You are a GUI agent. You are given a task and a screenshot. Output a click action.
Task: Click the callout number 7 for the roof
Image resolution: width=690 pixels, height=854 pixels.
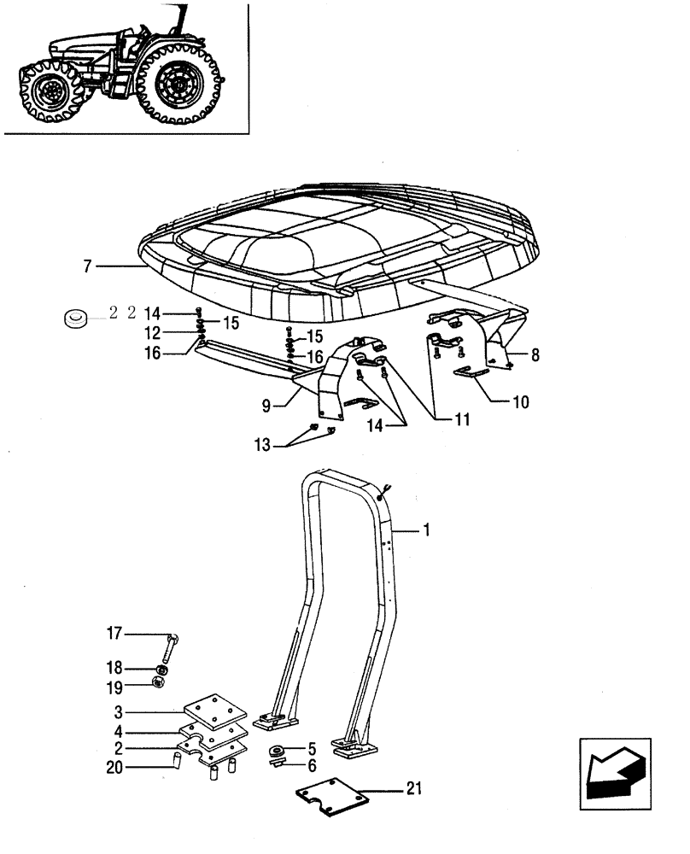(87, 267)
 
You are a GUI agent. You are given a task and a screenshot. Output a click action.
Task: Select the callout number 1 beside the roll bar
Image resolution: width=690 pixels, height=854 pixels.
(427, 530)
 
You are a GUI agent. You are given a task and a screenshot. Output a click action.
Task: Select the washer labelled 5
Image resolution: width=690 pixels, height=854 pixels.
(278, 750)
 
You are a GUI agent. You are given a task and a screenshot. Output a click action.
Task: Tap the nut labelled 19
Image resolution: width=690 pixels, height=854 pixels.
(157, 682)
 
